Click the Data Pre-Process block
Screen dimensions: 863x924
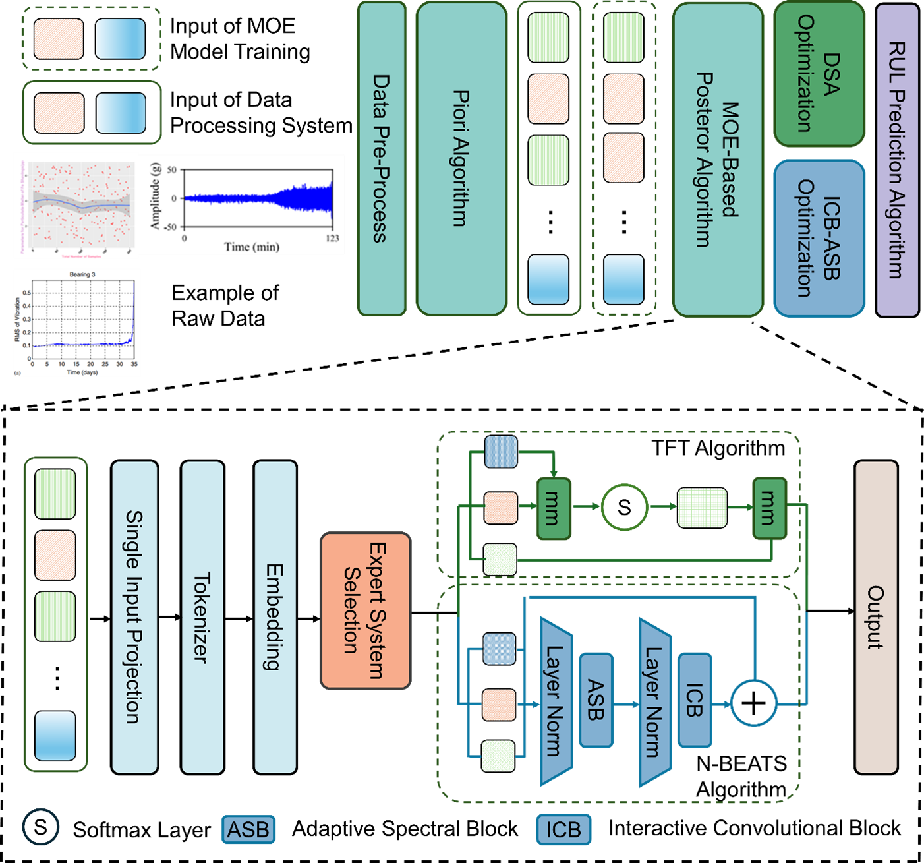(382, 158)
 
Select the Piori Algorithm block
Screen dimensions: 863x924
(461, 158)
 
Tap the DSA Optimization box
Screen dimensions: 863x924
(819, 74)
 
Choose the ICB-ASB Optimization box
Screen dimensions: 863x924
(819, 238)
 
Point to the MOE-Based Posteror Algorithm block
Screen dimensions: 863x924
(718, 160)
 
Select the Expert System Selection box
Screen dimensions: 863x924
(365, 610)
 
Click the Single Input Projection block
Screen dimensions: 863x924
(134, 616)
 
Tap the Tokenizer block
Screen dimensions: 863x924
(202, 616)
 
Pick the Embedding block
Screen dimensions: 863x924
(275, 616)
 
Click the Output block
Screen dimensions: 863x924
(876, 616)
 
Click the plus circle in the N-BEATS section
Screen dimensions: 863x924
(753, 703)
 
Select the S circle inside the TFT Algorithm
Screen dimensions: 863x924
(624, 507)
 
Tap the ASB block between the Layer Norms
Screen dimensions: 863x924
(596, 700)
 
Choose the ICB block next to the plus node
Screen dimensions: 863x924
(695, 700)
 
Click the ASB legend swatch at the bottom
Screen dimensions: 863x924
(248, 829)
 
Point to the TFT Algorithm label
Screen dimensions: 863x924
(718, 448)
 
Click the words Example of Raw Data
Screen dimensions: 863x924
(225, 306)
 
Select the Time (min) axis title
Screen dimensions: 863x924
(252, 247)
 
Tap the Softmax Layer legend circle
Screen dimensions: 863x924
(41, 827)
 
